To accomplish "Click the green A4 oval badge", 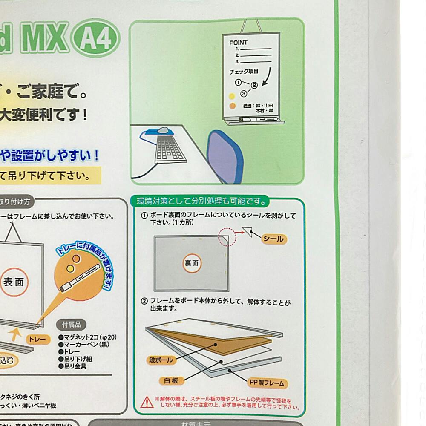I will tap(96, 39).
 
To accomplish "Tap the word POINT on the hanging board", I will tap(238, 43).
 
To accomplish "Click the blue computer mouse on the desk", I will tap(162, 130).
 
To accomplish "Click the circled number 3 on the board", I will tap(244, 93).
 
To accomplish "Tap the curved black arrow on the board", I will tap(267, 77).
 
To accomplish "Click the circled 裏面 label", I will tap(192, 263).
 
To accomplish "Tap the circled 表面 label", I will tap(14, 282).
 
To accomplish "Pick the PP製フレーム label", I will tap(267, 383).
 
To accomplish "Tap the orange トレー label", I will tap(38, 339).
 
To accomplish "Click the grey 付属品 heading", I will tap(71, 325).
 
